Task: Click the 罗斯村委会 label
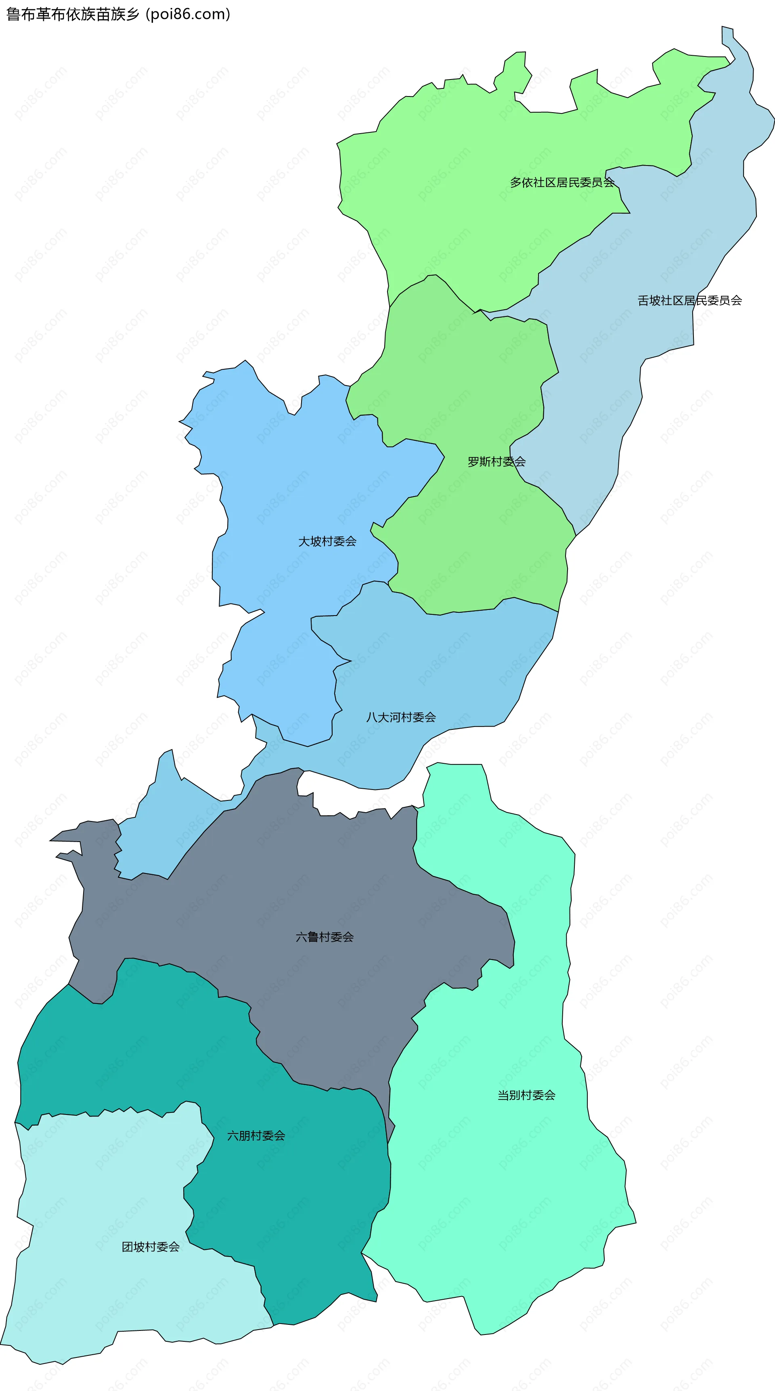[x=496, y=462]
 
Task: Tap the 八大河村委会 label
[x=401, y=718]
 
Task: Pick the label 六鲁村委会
[x=325, y=937]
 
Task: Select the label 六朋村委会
[x=256, y=1135]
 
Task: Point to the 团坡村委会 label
[x=151, y=1247]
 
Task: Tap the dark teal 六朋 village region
[x=302, y=1215]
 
